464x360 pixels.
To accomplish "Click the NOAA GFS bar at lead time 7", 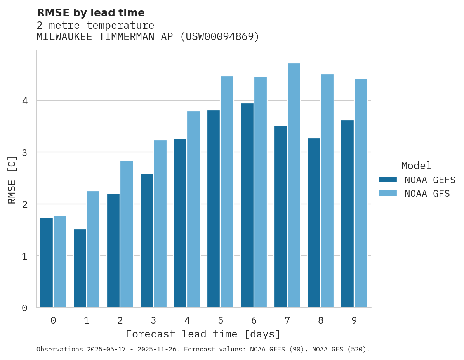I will (x=294, y=185).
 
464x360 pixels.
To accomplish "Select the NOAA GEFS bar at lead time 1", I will (x=80, y=268).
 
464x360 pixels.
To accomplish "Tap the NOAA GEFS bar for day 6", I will (x=247, y=205).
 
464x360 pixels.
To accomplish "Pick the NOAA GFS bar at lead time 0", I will (x=60, y=262).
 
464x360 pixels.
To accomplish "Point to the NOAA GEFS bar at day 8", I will (x=314, y=223).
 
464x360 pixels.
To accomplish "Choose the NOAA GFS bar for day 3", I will (x=160, y=224).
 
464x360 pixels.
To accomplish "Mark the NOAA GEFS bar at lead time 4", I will (x=180, y=223).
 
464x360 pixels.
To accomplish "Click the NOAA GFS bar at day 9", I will (x=360, y=193).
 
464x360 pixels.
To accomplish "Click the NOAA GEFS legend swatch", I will (x=388, y=180).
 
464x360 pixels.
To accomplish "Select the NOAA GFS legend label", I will (x=427, y=194).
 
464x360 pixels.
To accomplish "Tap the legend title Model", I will (x=417, y=166).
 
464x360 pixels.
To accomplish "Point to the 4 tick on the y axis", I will (x=24, y=101).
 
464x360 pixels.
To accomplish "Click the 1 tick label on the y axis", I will (x=24, y=256).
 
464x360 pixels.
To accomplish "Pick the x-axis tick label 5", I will (x=221, y=321).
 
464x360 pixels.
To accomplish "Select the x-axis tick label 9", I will (x=354, y=321).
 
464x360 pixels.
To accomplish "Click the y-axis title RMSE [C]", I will (x=12, y=180).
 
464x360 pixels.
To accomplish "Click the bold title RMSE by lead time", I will (x=90, y=13).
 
